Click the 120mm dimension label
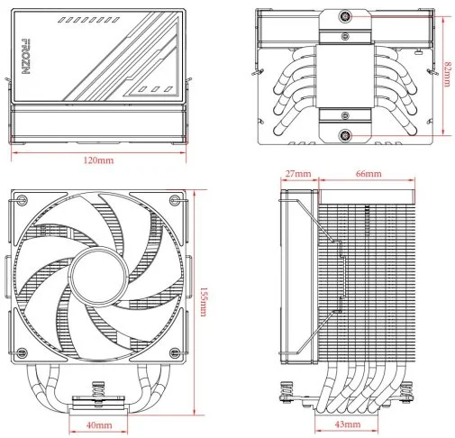tap(98, 160)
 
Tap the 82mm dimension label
tap(447, 74)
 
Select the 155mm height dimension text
tap(204, 302)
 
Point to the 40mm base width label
tap(99, 425)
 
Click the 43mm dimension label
tap(348, 424)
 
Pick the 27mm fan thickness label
tap(298, 174)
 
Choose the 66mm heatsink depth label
tap(369, 174)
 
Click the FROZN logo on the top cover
tap(26, 56)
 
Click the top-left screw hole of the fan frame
tap(22, 199)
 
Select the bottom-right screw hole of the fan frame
tap(175, 353)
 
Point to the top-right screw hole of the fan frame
tap(175, 199)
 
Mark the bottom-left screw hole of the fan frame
tap(22, 353)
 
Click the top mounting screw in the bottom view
tap(345, 16)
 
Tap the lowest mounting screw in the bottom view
tap(345, 135)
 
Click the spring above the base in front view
tap(98, 388)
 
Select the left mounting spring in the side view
tap(287, 389)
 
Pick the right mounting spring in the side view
tap(408, 389)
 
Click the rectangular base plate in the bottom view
tap(345, 77)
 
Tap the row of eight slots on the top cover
tap(88, 20)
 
